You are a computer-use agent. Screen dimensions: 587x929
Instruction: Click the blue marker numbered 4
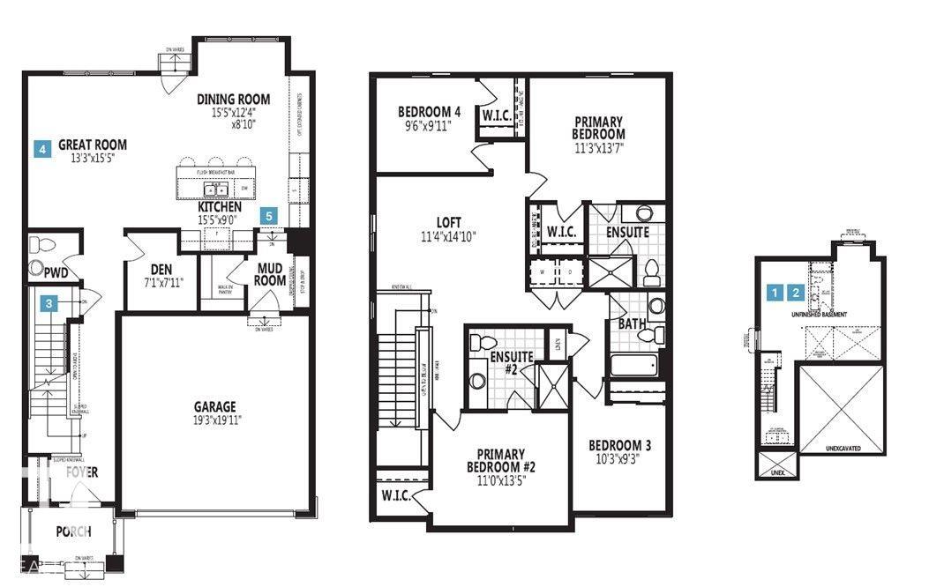(41, 149)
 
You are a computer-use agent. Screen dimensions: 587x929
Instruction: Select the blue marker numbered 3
(51, 303)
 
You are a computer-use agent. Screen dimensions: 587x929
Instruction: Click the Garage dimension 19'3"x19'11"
(215, 420)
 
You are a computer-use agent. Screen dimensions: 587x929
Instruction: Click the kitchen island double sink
(214, 189)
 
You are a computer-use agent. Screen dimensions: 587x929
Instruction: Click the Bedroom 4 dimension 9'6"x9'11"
(429, 125)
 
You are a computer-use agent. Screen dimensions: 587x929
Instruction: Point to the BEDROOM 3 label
(621, 445)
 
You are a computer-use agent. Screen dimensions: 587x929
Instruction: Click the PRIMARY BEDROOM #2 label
(497, 461)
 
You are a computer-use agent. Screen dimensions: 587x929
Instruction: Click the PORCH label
(74, 531)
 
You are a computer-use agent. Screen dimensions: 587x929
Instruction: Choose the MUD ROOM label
(271, 274)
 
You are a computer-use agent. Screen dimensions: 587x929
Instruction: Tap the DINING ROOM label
(233, 100)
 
